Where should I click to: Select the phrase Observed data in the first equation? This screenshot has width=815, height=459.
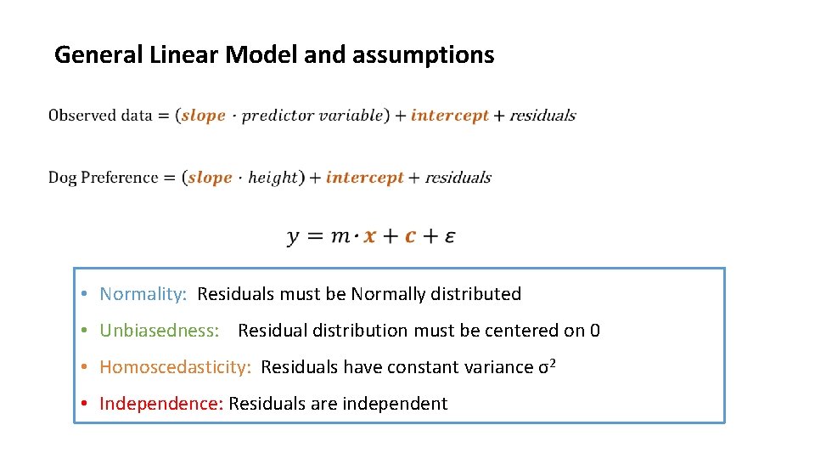(100, 116)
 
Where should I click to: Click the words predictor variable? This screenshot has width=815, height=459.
(312, 116)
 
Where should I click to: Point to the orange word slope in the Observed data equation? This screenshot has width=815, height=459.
(203, 116)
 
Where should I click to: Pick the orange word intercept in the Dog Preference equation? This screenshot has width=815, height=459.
(364, 178)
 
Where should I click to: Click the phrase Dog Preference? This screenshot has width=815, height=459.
(103, 178)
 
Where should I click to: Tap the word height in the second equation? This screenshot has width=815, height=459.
(272, 178)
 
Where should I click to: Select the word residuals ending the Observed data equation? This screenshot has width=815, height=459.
(542, 116)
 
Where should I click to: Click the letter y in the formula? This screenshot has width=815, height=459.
(294, 236)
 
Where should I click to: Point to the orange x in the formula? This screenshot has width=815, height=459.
(369, 236)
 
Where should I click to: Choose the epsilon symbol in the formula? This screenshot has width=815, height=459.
(449, 236)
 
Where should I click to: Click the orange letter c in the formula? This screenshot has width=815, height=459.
(410, 236)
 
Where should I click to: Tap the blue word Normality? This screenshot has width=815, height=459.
(142, 294)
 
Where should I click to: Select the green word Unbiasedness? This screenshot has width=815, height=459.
(159, 331)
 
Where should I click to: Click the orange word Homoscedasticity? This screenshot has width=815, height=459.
(175, 367)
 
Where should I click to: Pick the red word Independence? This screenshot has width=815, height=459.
(160, 404)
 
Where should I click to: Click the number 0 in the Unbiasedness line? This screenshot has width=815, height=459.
(594, 331)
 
